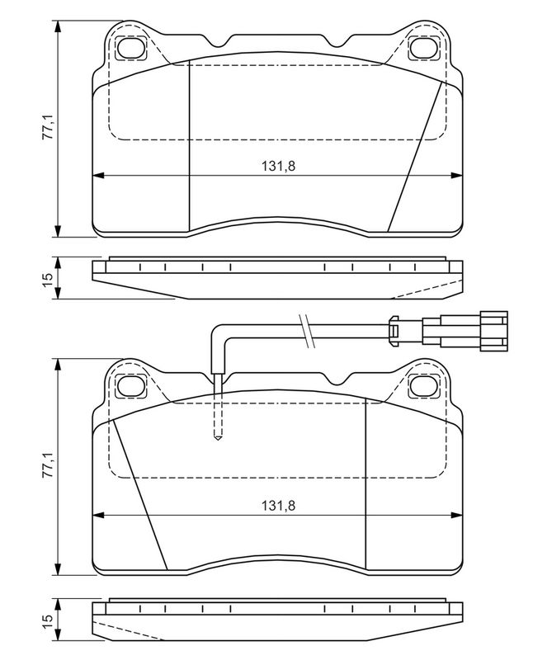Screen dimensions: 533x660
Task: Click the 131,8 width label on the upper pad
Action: tap(278, 167)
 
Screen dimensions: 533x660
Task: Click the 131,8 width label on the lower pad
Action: tap(278, 505)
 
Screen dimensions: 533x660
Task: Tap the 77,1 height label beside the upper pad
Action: tap(47, 126)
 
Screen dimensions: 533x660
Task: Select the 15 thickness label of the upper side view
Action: tap(47, 278)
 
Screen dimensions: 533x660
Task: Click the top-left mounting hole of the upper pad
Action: tap(130, 48)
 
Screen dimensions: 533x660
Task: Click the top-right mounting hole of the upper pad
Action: tap(425, 48)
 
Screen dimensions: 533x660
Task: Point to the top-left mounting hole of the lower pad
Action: tap(130, 386)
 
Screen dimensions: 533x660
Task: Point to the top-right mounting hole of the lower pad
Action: tap(425, 386)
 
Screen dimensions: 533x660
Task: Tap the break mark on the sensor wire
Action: tap(307, 331)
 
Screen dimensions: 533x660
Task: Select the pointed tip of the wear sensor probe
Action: tap(218, 439)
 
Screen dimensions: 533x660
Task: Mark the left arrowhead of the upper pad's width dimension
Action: tap(98, 176)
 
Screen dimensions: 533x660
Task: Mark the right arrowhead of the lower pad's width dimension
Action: tap(456, 514)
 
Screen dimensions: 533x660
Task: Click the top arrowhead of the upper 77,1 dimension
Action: tap(58, 26)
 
